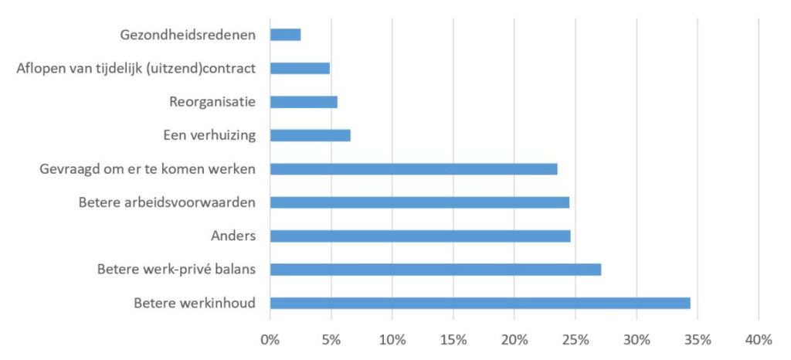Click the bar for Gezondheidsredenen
coord(285,35)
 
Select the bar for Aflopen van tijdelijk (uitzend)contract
coord(300,68)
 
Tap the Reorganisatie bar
coord(304,102)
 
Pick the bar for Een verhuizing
coord(310,135)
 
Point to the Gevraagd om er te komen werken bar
coord(413,169)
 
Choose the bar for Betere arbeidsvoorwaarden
coord(419,202)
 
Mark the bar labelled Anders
coord(420,236)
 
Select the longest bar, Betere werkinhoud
coord(480,303)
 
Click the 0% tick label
coord(270,339)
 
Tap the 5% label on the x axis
coord(331,339)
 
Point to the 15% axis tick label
coord(453,339)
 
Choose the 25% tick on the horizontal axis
coord(575,339)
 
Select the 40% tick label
coord(759,339)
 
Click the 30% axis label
coord(637,339)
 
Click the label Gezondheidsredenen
coord(188,35)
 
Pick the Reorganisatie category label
coord(212,102)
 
